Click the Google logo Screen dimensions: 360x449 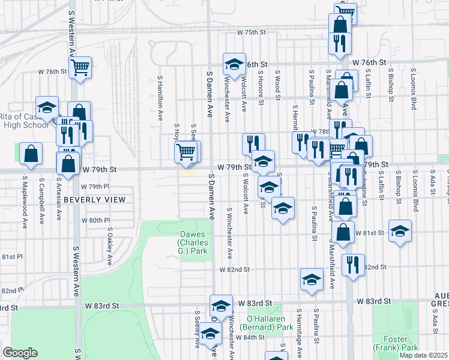(20, 353)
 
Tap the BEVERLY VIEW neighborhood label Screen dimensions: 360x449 (95, 199)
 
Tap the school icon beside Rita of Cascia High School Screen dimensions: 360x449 (47, 107)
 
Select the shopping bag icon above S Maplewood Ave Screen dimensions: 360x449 (31, 153)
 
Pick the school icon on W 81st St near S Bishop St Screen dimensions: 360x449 (400, 231)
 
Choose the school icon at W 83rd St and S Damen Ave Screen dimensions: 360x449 (221, 306)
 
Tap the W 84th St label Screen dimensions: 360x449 (250, 337)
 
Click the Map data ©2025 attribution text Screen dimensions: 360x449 (424, 355)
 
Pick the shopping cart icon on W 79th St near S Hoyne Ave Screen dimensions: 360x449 (186, 152)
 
